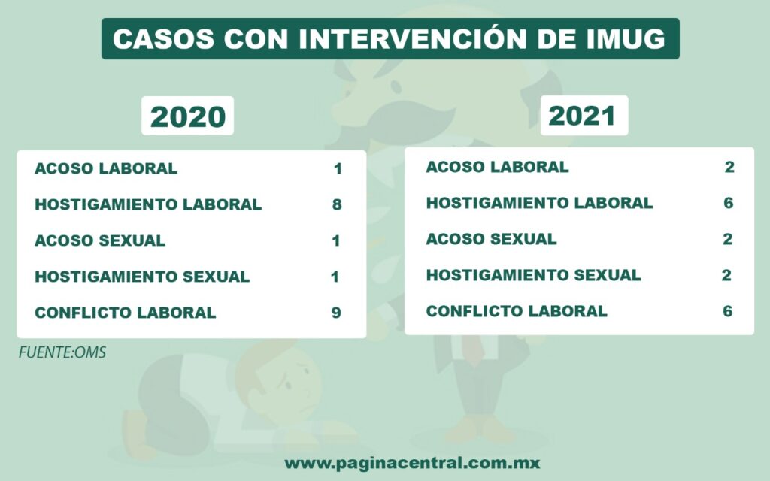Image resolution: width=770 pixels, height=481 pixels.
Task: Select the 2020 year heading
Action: point(187,116)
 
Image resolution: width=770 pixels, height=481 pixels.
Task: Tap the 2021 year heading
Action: point(583,116)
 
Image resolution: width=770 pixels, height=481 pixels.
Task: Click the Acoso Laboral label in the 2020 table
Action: point(106,168)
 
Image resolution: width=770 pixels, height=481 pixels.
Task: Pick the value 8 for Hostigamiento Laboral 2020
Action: point(337,204)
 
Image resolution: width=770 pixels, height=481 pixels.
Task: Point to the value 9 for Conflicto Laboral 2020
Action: point(336,313)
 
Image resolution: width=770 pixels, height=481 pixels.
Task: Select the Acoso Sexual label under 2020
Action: point(100,240)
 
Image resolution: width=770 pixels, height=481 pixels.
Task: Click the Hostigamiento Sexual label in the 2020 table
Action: point(142,277)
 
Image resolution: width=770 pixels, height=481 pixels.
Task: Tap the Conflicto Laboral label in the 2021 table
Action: point(517,311)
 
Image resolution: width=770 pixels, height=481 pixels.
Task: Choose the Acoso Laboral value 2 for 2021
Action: point(729,167)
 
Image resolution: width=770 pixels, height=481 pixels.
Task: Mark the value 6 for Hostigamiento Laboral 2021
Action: point(728,203)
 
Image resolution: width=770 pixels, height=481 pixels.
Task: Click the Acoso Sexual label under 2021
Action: point(492,239)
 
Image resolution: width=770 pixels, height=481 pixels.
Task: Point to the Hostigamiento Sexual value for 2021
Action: point(727,275)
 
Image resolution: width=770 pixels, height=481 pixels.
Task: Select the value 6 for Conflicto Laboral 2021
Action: point(727,311)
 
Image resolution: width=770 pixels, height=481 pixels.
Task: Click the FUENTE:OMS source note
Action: point(62,352)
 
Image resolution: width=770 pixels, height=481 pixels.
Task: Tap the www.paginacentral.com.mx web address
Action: point(413,463)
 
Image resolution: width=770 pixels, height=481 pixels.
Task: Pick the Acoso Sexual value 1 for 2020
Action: point(336,240)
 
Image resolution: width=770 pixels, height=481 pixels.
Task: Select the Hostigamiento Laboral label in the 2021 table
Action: point(540,203)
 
